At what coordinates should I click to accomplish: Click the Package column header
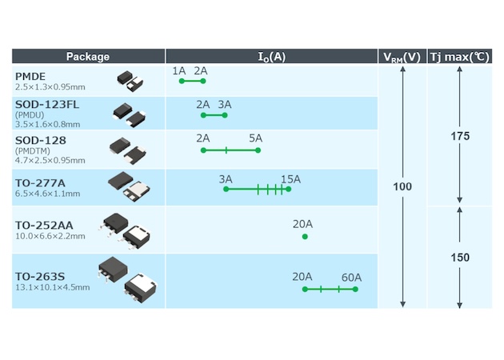pos(88,57)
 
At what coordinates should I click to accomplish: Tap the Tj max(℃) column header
pos(458,57)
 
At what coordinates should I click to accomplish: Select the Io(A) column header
pos(271,57)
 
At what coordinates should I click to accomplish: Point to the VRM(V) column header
pos(402,57)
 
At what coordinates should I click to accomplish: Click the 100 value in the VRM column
pos(402,186)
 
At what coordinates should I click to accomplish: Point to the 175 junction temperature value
pos(459,137)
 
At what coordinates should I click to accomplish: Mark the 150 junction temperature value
pos(459,258)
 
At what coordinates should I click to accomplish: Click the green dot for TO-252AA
pos(304,237)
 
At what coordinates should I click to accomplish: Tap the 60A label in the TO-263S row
pos(351,278)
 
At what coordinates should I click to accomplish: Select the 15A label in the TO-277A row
pos(290,178)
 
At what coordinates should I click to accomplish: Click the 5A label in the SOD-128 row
pos(255,138)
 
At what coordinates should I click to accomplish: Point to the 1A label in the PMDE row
pos(179,71)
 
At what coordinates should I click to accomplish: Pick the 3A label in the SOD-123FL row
pos(225,105)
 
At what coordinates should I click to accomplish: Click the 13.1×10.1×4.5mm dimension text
pos(52,287)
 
